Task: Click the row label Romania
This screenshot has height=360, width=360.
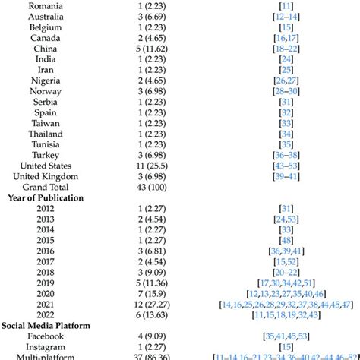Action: pyautogui.click(x=46, y=5)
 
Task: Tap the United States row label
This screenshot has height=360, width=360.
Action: pyautogui.click(x=46, y=165)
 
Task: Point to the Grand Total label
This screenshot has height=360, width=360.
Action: pyautogui.click(x=46, y=186)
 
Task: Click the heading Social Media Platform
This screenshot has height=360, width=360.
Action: pyautogui.click(x=49, y=325)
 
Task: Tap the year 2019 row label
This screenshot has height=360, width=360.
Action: pyautogui.click(x=46, y=282)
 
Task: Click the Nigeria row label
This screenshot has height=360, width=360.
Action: pyautogui.click(x=46, y=80)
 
